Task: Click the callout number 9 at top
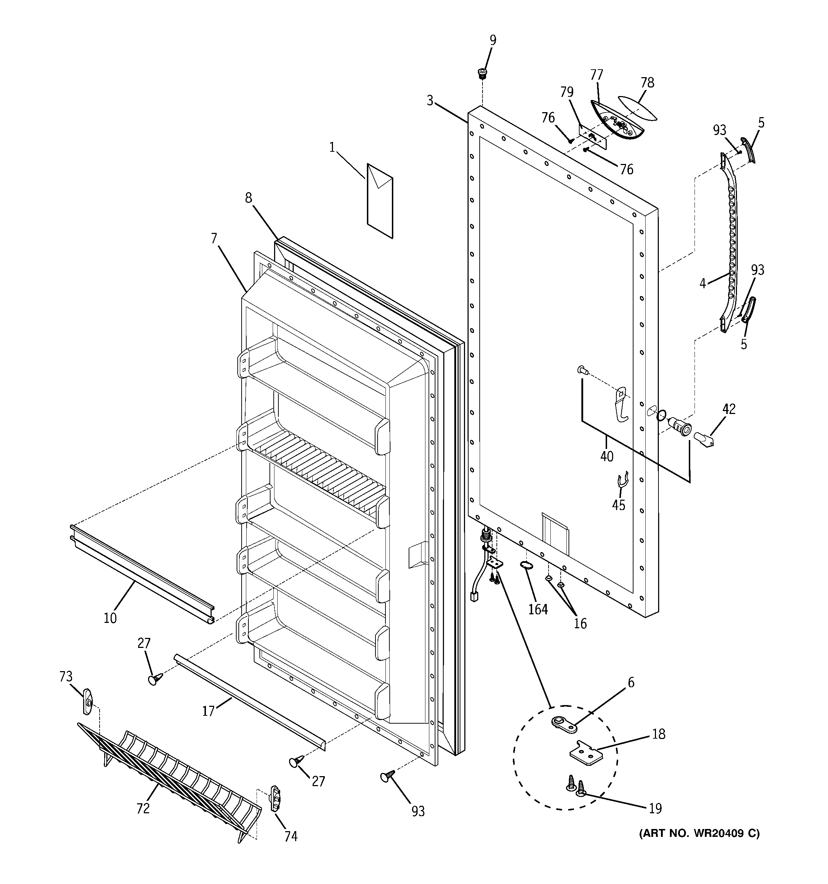493,40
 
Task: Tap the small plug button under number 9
481,73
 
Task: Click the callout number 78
647,83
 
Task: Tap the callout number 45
619,505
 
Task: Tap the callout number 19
655,808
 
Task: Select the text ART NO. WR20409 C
699,833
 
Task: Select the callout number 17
208,711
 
